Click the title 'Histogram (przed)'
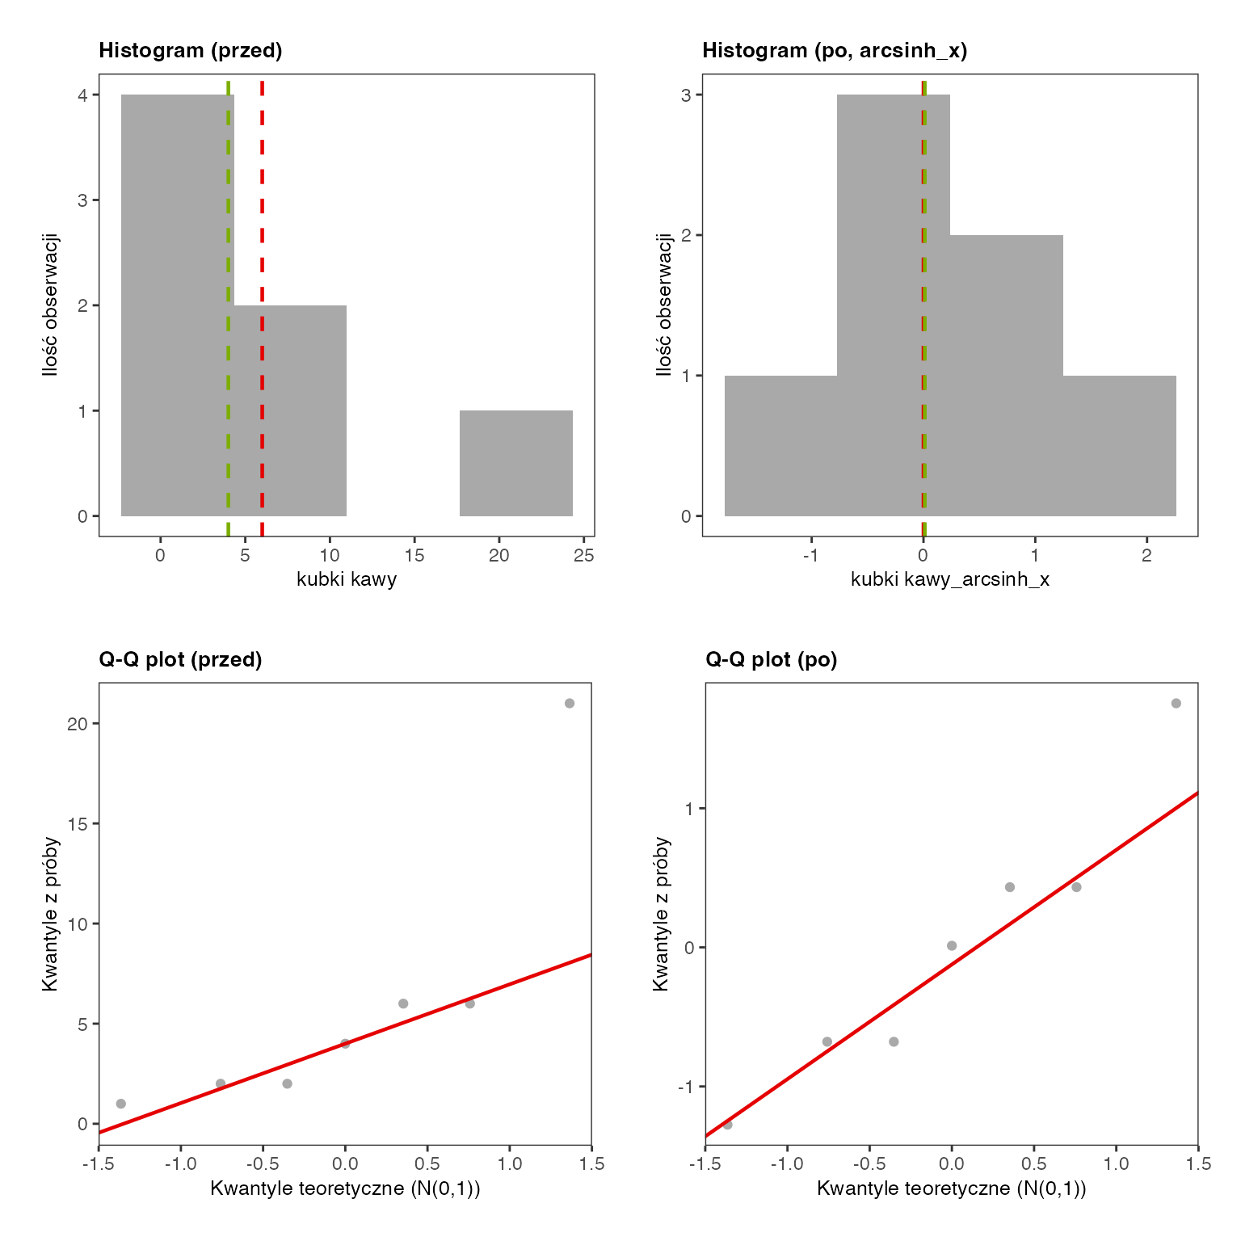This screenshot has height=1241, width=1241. [191, 51]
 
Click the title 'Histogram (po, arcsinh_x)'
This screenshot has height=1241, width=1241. [835, 51]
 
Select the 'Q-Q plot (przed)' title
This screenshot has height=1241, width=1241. [180, 660]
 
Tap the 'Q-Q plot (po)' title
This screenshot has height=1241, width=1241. [772, 660]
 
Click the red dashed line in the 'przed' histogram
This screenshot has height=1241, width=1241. [262, 308]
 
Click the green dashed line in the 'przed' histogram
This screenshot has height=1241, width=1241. [228, 308]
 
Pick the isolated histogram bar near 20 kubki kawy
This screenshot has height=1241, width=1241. [516, 463]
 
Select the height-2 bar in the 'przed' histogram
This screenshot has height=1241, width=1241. [290, 410]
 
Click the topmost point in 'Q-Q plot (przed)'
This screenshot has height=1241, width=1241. [570, 704]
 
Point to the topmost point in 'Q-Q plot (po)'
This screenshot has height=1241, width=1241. [1176, 704]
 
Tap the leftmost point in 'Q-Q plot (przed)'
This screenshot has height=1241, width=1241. [121, 1104]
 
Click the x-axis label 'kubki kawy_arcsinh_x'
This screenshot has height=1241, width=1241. [950, 579]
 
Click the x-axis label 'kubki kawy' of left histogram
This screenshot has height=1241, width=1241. [347, 579]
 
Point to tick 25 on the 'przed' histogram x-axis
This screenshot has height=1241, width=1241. [584, 556]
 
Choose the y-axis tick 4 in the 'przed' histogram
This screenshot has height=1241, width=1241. [82, 95]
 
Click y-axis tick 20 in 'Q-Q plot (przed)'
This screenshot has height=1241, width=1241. [78, 724]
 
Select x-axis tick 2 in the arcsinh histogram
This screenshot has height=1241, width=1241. [1146, 556]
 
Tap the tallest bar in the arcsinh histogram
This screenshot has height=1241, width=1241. [894, 305]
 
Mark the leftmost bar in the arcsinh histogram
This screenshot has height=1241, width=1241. [780, 446]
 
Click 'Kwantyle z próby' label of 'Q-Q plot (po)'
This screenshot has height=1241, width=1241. [662, 914]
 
